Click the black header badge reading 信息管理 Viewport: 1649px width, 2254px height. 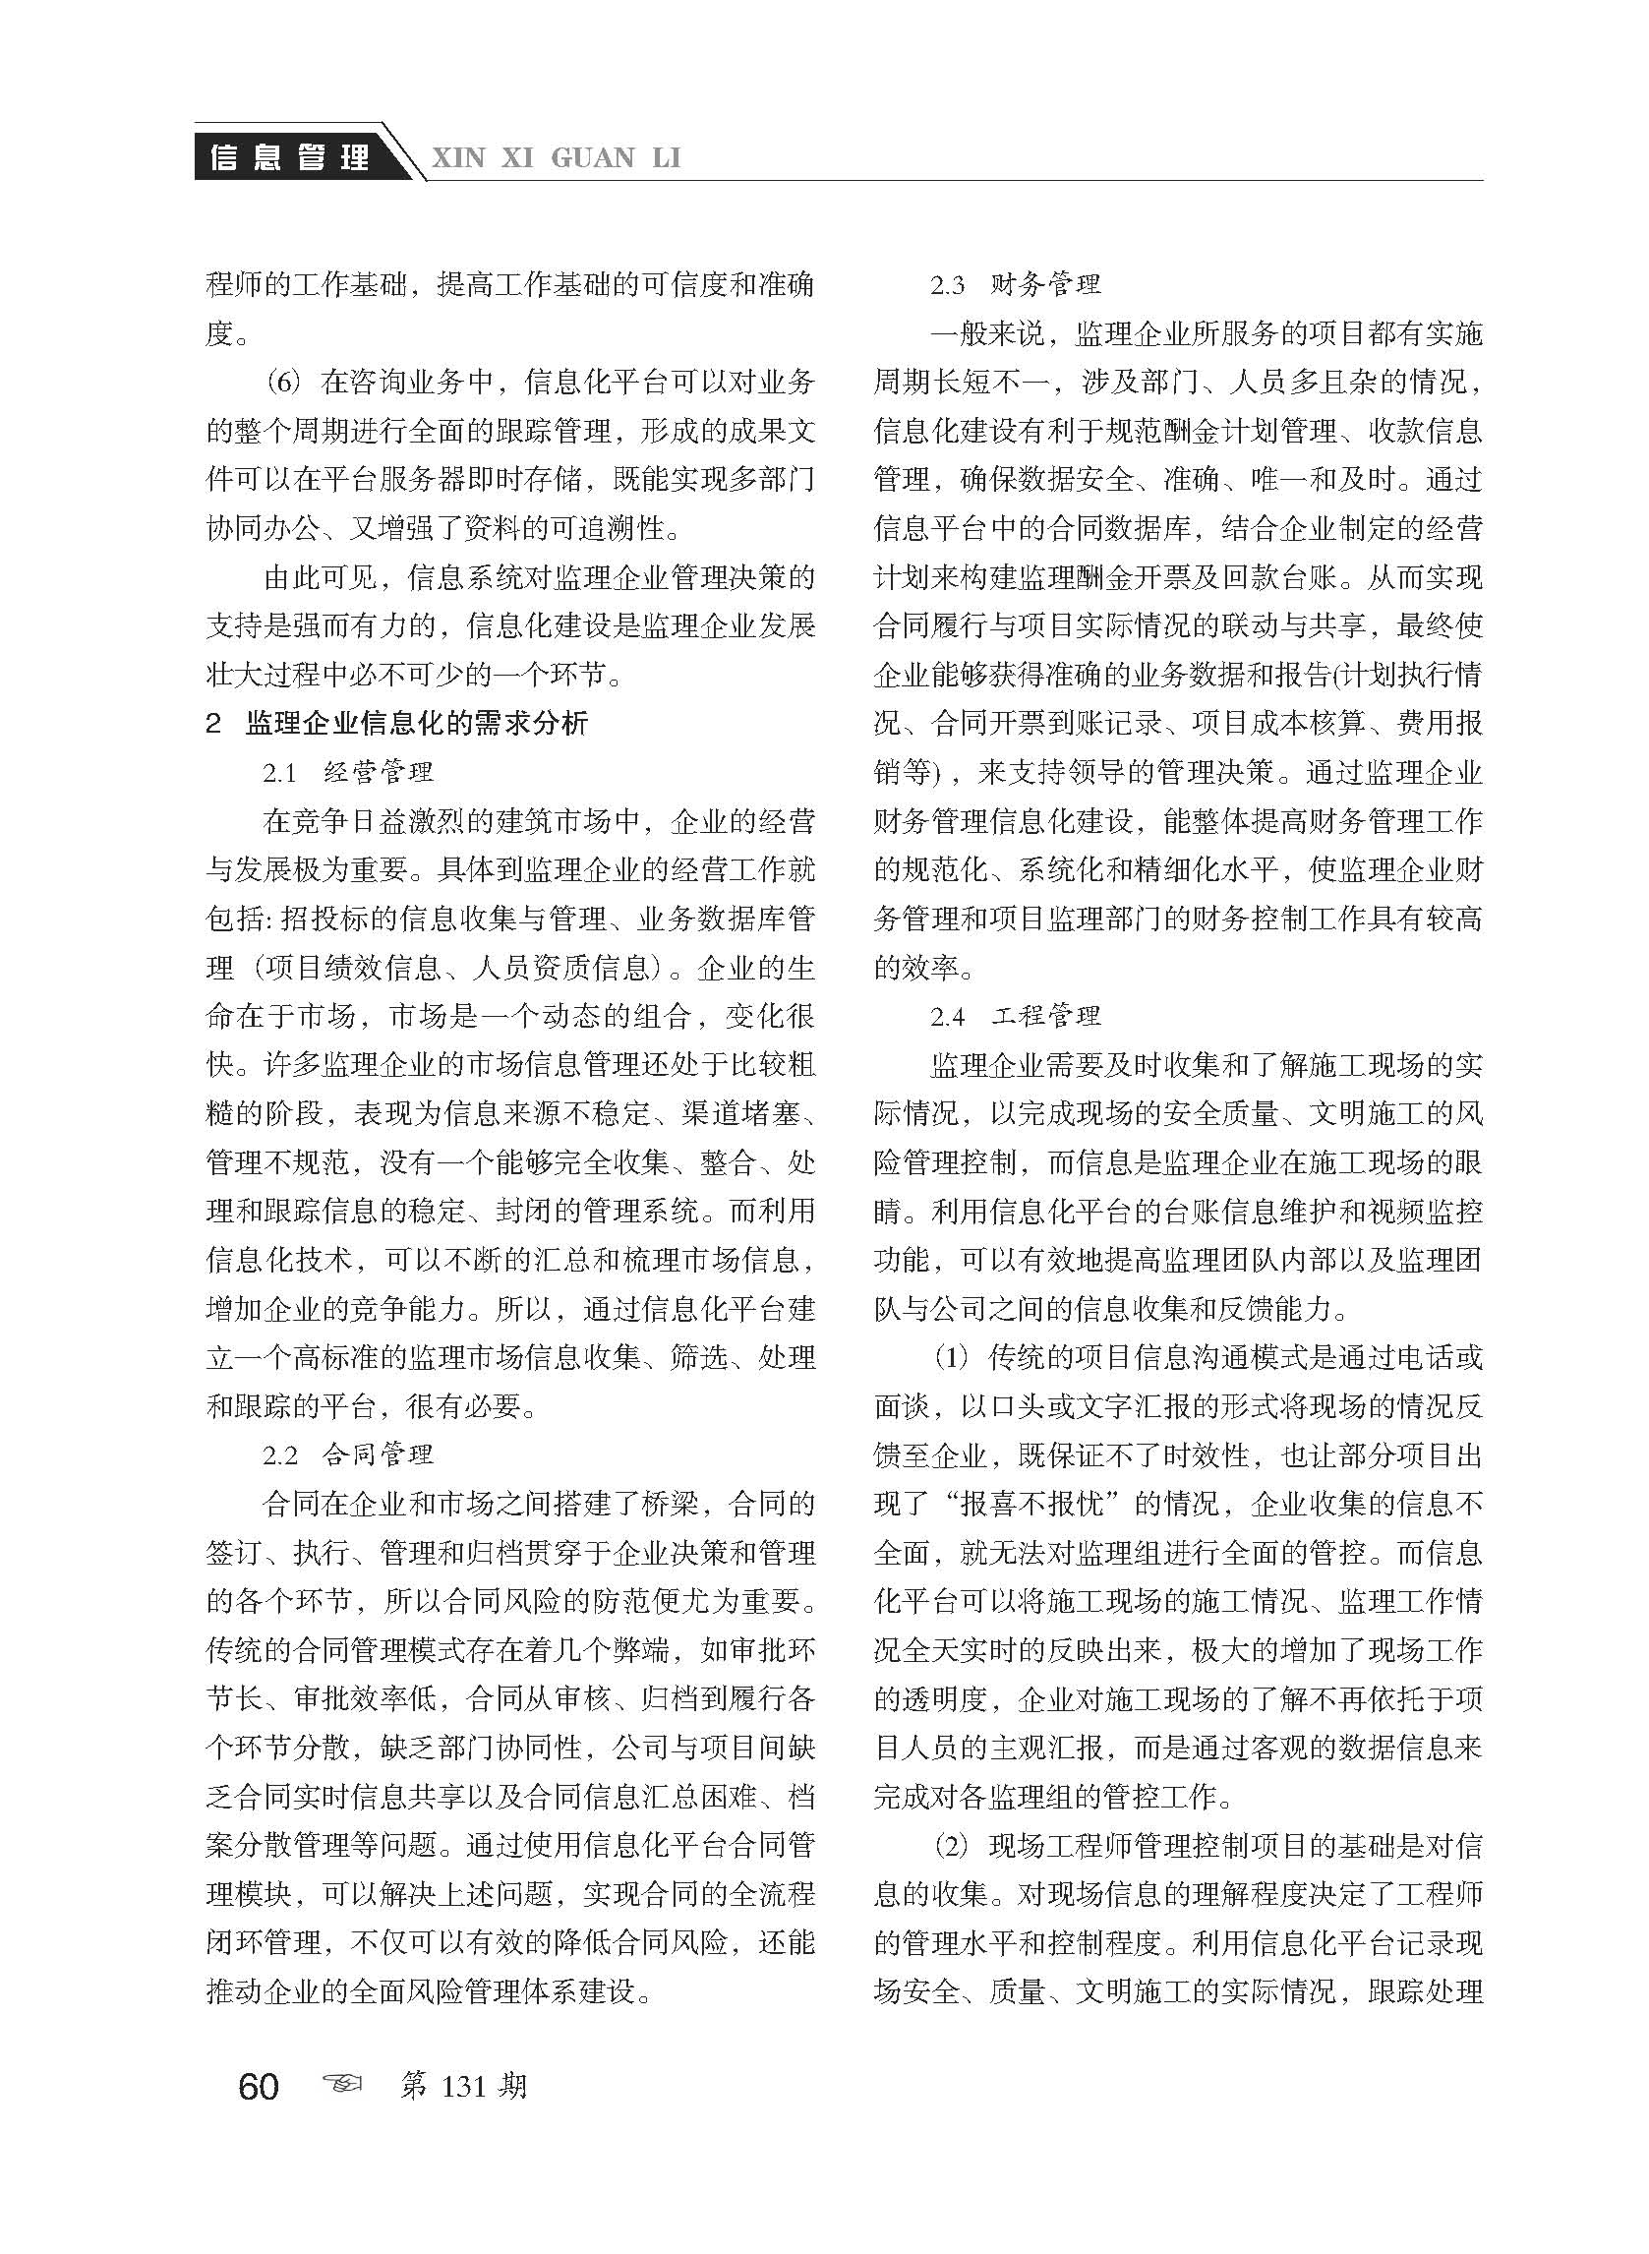(290, 157)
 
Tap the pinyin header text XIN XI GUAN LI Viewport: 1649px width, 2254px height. (555, 157)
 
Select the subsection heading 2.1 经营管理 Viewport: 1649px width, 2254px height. (348, 772)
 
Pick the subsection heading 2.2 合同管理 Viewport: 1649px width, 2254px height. (348, 1455)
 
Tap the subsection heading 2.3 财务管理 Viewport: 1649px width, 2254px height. (1015, 285)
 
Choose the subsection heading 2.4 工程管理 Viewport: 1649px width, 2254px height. (1015, 1017)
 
